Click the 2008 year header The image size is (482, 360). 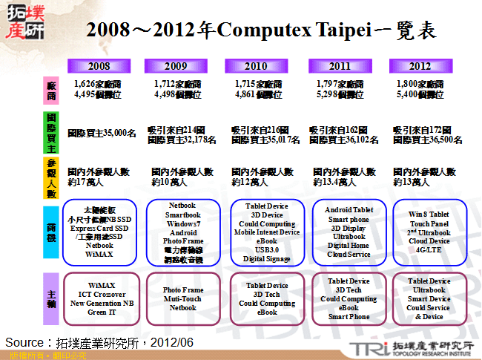click(x=99, y=66)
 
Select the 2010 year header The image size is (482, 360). click(x=255, y=66)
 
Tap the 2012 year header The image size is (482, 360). click(x=419, y=66)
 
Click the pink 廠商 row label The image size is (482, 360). click(x=51, y=91)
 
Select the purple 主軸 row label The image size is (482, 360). click(x=51, y=298)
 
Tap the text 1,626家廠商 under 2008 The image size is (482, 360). click(x=99, y=85)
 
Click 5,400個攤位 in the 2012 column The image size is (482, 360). click(x=419, y=95)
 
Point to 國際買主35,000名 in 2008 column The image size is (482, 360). click(x=102, y=134)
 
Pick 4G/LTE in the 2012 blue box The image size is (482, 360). click(x=429, y=250)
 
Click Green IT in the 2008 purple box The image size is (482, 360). click(x=100, y=312)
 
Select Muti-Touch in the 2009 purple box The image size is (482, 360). click(x=182, y=299)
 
